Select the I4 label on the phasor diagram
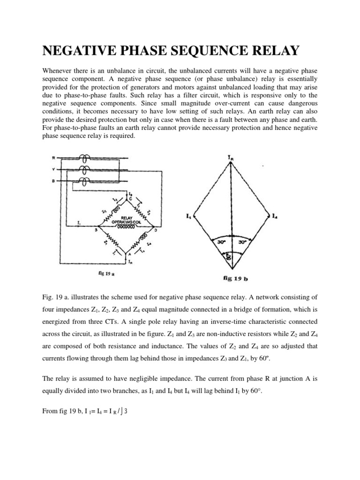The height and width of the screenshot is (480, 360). tap(276, 217)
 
